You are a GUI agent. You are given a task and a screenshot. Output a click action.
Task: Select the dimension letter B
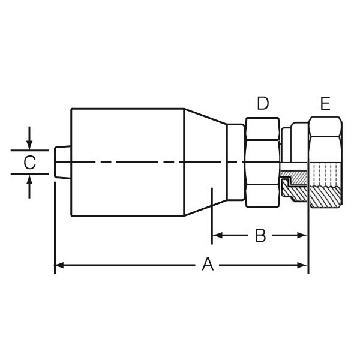pos(260,235)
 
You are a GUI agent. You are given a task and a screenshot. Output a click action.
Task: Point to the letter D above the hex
pos(263,104)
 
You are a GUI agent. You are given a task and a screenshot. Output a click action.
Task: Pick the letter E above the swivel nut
pos(325,104)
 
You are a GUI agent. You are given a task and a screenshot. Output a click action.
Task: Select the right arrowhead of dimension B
pos(303,235)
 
